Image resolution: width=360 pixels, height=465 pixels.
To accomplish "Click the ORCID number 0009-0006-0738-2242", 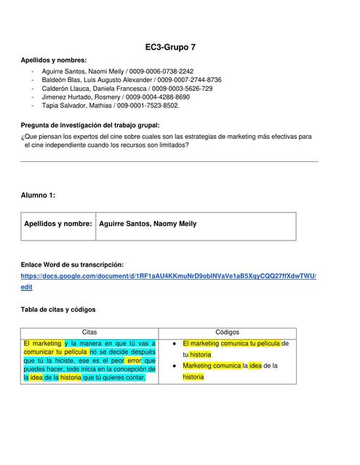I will coord(161,71).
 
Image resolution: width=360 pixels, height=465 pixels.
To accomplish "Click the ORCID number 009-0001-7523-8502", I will coord(147,105).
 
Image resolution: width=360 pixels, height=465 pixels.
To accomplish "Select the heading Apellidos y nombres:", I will coord(55,60).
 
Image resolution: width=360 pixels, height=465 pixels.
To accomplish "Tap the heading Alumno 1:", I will coord(38,195).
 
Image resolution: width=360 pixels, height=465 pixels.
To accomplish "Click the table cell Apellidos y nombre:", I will coord(58,225).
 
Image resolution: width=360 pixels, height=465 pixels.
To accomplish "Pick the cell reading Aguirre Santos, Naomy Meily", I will coord(147,225).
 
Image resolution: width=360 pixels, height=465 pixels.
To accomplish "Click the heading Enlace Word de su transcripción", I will coord(72,264).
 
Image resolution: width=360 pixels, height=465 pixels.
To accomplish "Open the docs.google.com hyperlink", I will coord(169,277).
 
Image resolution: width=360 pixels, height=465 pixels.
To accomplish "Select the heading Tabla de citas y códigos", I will coord(58,310).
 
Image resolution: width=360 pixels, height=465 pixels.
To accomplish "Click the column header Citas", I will coord(89,331).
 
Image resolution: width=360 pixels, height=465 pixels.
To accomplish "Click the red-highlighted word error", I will coord(134,360).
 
